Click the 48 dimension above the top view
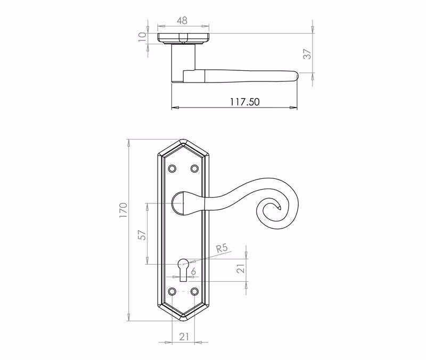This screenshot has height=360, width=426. tap(182, 20)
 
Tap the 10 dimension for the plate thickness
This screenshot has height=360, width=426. tap(142, 37)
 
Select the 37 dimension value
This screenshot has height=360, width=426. tap(307, 54)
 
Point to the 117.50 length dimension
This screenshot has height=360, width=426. tap(245, 102)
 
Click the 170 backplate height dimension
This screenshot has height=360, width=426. tap(123, 210)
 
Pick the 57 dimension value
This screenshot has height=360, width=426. tap(142, 235)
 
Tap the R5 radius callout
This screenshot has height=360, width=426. tap(222, 248)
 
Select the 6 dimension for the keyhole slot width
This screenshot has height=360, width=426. tap(193, 271)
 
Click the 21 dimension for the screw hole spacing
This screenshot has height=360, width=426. tap(184, 337)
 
